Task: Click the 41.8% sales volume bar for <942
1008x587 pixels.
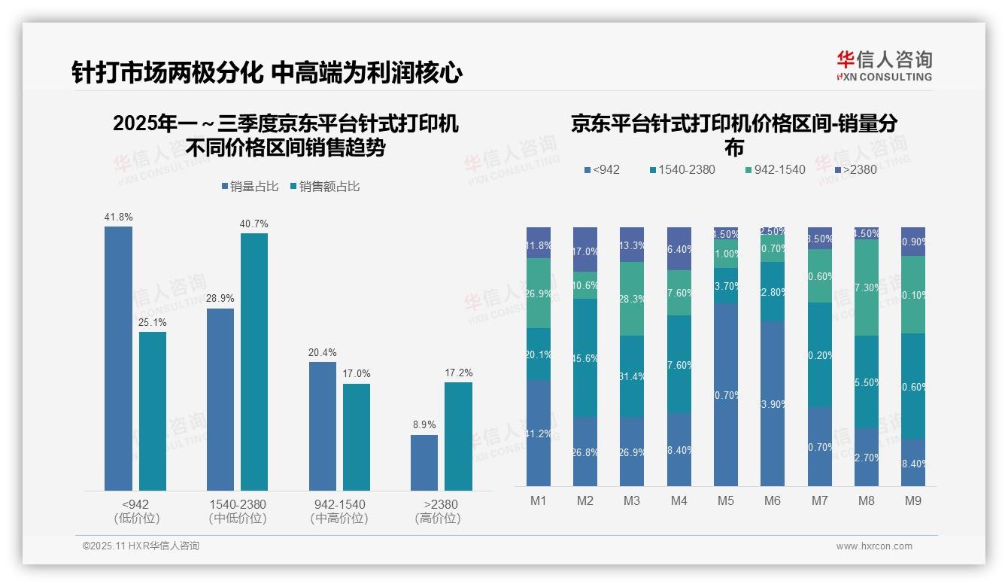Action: [x=118, y=358]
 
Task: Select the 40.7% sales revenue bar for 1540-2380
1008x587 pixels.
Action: [x=254, y=362]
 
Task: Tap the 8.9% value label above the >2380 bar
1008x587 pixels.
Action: [x=424, y=424]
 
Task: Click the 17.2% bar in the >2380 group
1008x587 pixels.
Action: [x=458, y=436]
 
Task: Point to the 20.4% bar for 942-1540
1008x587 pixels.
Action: [x=323, y=426]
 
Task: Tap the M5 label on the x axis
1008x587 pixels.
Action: [x=725, y=500]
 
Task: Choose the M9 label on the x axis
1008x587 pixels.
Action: [x=912, y=500]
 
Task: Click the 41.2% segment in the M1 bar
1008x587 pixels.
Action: [x=539, y=433]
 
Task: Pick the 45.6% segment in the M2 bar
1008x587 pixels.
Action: [x=585, y=358]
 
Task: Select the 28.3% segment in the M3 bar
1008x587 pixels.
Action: [x=632, y=299]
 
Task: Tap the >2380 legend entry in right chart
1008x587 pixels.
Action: [x=855, y=170]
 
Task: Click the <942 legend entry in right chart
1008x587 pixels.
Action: [x=602, y=170]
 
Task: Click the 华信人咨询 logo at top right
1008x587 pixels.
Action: [x=884, y=65]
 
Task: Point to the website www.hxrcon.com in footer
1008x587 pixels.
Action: [x=874, y=546]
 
